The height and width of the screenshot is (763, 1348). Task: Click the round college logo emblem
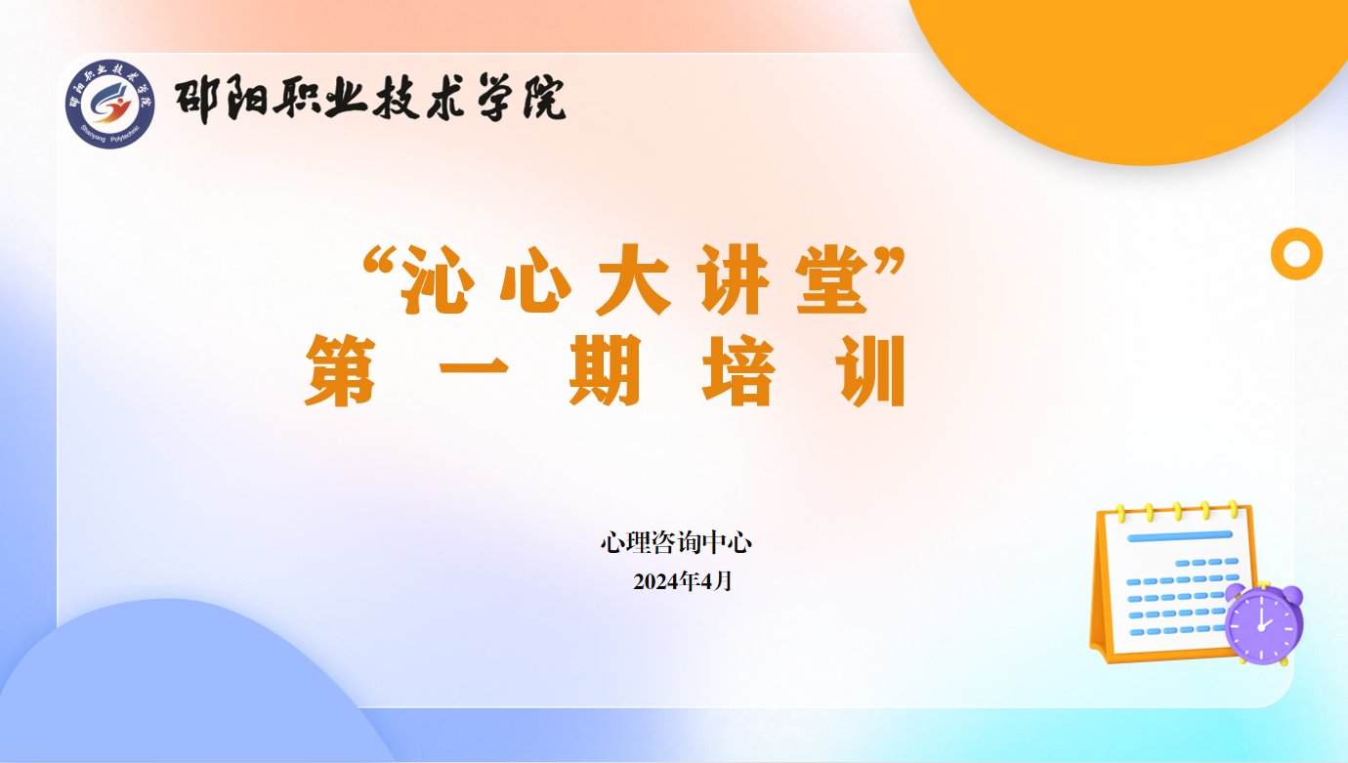(109, 104)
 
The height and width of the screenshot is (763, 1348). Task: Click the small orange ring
(1296, 235)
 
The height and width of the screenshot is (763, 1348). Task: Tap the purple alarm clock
(1264, 623)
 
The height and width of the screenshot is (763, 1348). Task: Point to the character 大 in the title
(633, 279)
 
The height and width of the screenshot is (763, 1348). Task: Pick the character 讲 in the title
(733, 279)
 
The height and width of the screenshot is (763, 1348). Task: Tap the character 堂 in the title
(832, 279)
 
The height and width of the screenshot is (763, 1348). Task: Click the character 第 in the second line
(341, 370)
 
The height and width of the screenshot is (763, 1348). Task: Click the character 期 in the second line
(605, 370)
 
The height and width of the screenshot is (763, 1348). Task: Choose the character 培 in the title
(738, 370)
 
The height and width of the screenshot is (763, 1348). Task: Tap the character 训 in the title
(870, 370)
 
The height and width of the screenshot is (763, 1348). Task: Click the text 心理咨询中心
(676, 542)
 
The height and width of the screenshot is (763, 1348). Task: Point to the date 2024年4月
(683, 581)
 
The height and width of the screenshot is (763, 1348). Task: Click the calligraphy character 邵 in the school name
(196, 99)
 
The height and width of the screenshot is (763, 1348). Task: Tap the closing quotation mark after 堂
(890, 261)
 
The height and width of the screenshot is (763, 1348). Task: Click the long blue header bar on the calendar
(1180, 536)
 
